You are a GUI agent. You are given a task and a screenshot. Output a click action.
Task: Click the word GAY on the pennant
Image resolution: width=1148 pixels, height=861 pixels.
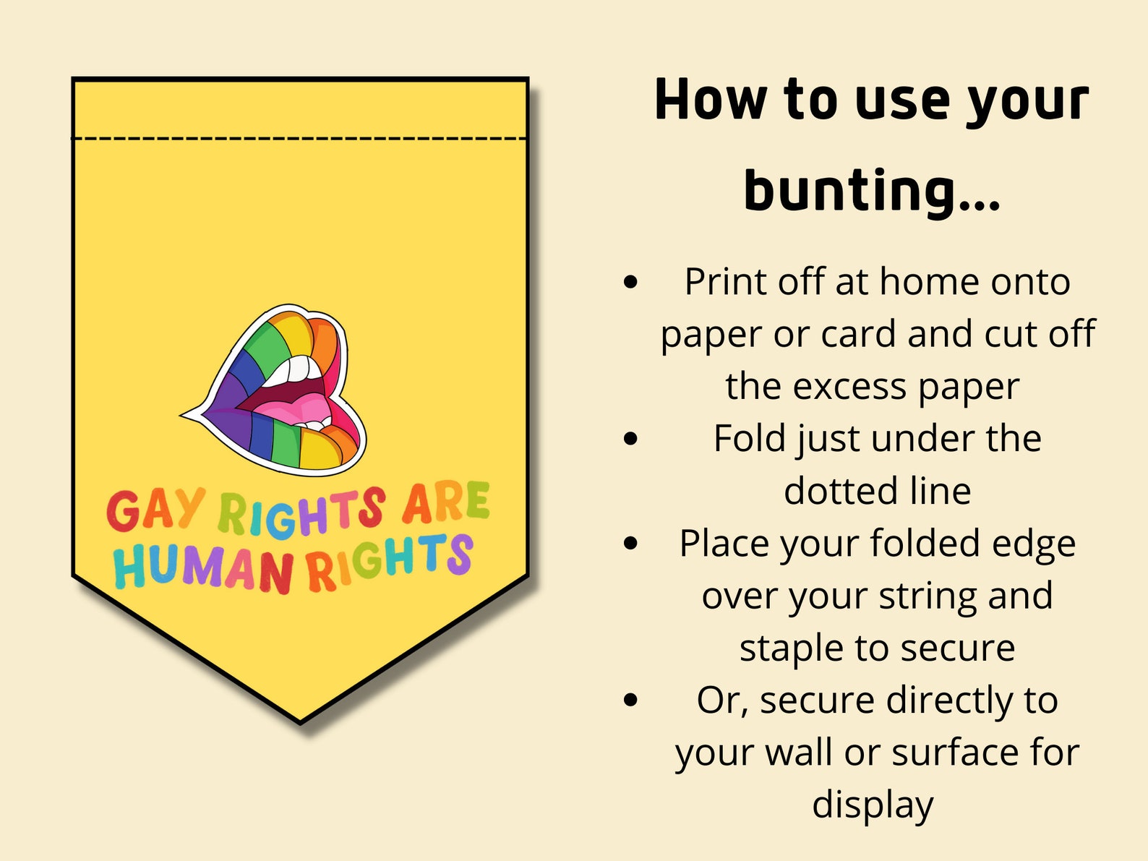click(x=155, y=510)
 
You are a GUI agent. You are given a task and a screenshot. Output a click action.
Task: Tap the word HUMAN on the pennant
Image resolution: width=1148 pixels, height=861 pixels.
click(x=203, y=567)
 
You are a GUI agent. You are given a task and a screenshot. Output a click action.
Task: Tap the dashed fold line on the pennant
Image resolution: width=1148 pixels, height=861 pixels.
click(x=299, y=137)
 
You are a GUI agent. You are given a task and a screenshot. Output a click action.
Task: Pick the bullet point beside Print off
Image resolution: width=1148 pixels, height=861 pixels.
click(x=630, y=282)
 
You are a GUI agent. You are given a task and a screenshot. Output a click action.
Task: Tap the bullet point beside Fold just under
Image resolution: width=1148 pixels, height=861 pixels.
click(x=630, y=438)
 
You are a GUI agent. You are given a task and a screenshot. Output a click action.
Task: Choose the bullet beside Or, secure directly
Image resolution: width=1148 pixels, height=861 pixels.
click(x=630, y=700)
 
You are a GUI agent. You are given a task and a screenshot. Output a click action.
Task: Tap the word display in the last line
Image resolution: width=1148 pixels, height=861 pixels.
click(x=873, y=805)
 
